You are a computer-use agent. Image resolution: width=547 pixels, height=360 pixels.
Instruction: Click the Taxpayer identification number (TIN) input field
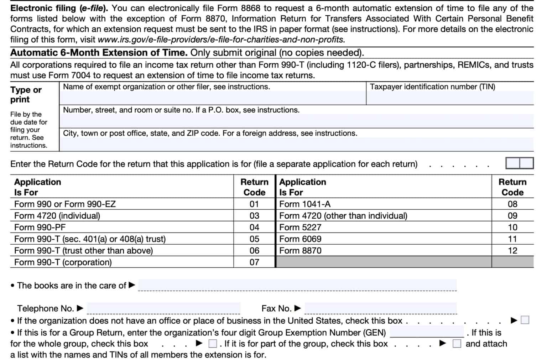pyautogui.click(x=449, y=98)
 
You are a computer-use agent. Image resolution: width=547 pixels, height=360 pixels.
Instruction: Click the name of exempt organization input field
pyautogui.click(x=213, y=98)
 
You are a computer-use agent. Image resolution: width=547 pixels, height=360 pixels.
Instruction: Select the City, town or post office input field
pyautogui.click(x=296, y=145)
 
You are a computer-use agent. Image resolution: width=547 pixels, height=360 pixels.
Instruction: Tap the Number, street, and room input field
pyautogui.click(x=296, y=121)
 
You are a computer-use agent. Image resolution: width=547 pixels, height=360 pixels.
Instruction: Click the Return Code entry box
pyautogui.click(x=519, y=163)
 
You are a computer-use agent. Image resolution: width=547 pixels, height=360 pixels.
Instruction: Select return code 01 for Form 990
pyautogui.click(x=254, y=204)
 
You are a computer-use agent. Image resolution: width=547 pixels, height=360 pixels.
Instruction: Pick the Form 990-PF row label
pyautogui.click(x=40, y=227)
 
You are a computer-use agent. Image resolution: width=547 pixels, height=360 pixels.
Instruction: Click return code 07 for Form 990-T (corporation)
pyautogui.click(x=254, y=262)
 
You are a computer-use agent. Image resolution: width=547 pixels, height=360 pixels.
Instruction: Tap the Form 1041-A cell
pyautogui.click(x=305, y=204)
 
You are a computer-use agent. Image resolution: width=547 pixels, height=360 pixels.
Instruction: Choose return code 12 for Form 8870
pyautogui.click(x=512, y=251)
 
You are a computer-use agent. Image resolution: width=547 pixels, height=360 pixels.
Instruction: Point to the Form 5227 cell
pyautogui.click(x=300, y=227)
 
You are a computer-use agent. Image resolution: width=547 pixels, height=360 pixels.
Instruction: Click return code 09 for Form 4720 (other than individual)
pyautogui.click(x=512, y=216)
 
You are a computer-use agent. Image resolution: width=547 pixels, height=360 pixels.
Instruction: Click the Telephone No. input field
pyautogui.click(x=163, y=308)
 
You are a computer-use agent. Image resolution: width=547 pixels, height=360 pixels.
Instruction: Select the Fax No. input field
pyautogui.click(x=380, y=308)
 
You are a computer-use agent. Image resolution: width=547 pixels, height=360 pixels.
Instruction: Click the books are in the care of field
pyautogui.click(x=297, y=285)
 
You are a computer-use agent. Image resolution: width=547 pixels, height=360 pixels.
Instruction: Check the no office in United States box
pyautogui.click(x=525, y=320)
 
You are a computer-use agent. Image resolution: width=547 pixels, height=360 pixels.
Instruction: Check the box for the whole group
pyautogui.click(x=213, y=344)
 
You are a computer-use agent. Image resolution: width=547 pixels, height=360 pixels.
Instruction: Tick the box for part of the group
pyautogui.click(x=457, y=344)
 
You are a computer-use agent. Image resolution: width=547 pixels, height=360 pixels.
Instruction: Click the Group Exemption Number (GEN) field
pyautogui.click(x=427, y=332)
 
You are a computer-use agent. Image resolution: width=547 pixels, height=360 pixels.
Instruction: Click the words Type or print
pyautogui.click(x=26, y=94)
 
